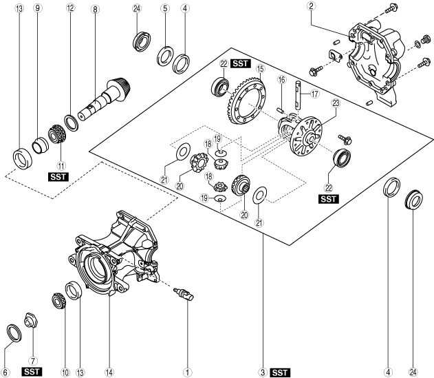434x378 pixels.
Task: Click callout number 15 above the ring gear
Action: [260, 69]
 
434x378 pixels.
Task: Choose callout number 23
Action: [336, 103]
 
